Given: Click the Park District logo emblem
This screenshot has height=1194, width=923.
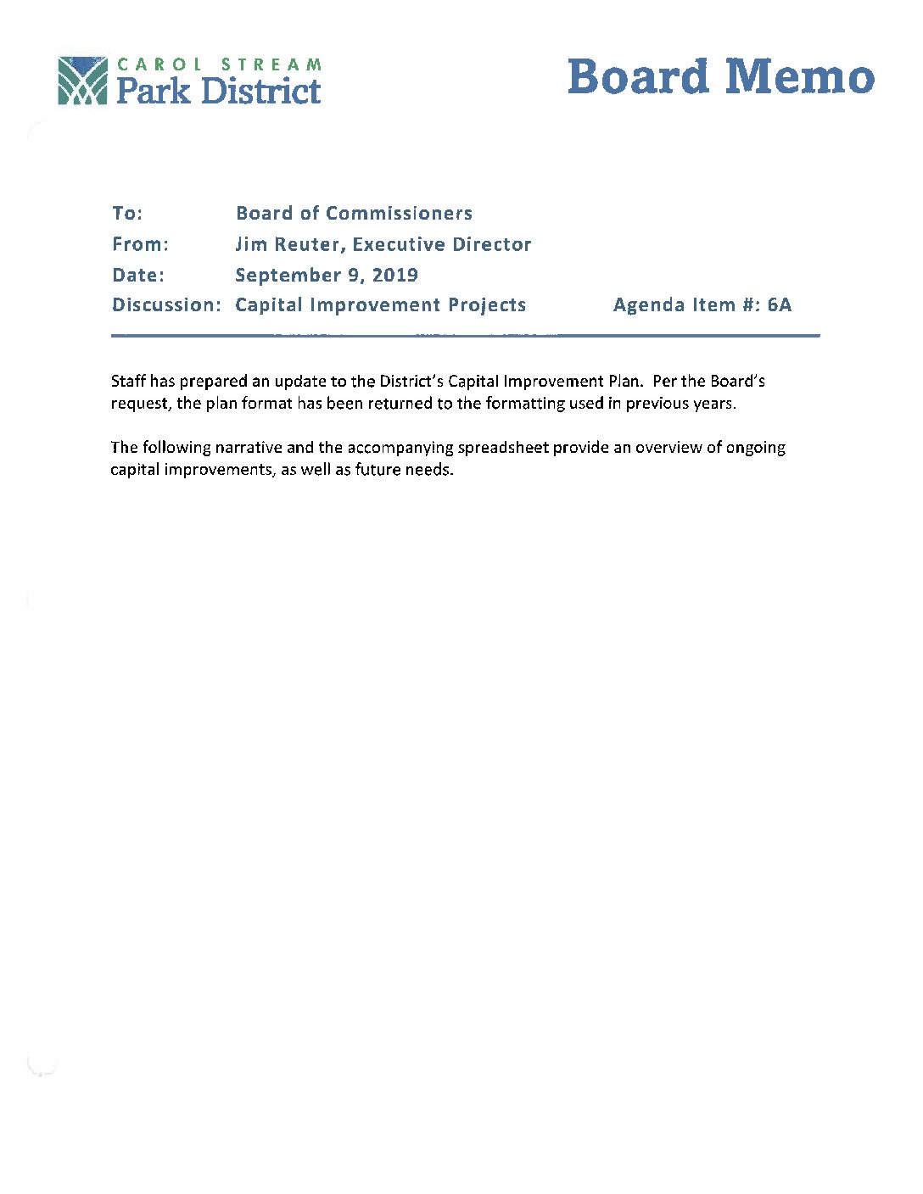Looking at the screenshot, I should (x=82, y=81).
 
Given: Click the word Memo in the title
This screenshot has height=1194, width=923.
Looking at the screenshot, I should (x=800, y=77).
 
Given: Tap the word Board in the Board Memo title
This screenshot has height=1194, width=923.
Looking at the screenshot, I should (x=638, y=77).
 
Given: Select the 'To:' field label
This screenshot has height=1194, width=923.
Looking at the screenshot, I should (x=127, y=214).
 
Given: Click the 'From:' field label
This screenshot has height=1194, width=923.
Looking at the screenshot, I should (x=140, y=245).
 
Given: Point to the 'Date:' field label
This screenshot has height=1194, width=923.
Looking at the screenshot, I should (x=138, y=276).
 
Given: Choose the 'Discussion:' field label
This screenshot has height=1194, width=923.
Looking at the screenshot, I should (x=166, y=305).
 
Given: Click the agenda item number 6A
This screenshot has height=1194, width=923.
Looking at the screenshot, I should (x=779, y=305).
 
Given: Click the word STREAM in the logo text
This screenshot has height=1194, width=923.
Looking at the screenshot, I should (x=271, y=64).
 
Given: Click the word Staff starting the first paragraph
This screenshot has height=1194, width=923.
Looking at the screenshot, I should (x=129, y=382).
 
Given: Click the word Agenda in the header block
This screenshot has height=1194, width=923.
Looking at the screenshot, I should (x=650, y=305).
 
